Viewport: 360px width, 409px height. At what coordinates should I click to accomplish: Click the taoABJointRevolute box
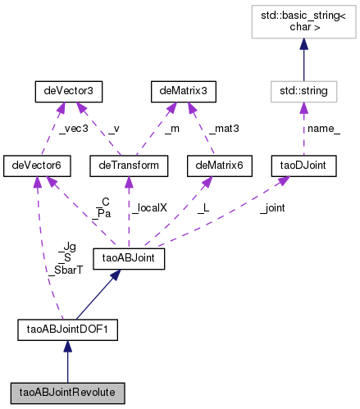67,391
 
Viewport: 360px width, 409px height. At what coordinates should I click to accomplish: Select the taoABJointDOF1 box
67,330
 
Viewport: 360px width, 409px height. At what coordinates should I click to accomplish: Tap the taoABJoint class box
130,259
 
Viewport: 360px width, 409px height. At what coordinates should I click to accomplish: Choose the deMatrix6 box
216,166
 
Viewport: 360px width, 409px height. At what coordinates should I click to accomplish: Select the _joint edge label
271,208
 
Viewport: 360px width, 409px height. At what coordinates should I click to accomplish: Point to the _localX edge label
148,208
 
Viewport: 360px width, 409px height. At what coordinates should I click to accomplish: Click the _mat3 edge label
225,128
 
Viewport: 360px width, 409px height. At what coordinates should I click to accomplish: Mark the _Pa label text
103,213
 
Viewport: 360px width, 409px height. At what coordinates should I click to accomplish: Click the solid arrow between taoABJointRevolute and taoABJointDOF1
67,361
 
